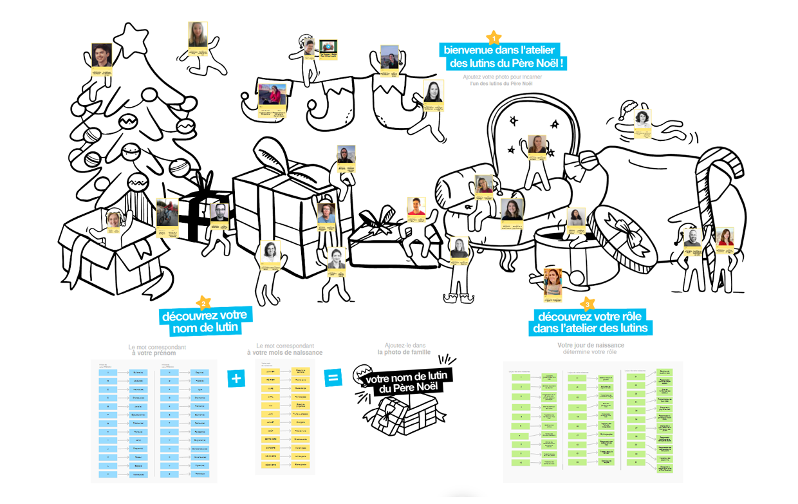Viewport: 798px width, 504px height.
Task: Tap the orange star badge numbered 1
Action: pos(494,38)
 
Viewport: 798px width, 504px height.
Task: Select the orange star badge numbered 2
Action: pos(204,303)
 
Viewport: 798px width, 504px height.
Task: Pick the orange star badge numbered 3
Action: pos(586,304)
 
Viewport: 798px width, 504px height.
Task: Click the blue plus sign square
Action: pos(236,378)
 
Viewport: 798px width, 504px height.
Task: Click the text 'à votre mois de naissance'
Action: pos(284,353)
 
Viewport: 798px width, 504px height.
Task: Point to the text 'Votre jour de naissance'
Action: pos(590,346)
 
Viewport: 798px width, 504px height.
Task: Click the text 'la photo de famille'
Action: pos(404,352)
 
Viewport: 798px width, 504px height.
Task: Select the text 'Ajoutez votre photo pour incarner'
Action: pos(502,77)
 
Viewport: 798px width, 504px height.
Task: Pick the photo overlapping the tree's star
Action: pos(102,55)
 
